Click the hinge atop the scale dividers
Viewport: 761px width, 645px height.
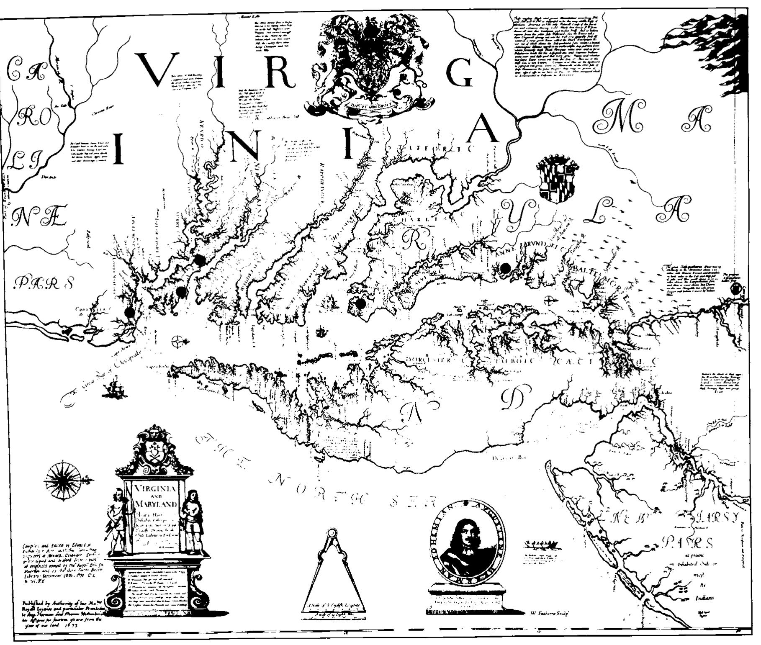[x=332, y=533]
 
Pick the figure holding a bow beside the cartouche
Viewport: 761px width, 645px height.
[x=116, y=521]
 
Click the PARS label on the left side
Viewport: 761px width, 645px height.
[x=44, y=283]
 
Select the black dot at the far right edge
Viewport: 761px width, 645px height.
[x=736, y=288]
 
